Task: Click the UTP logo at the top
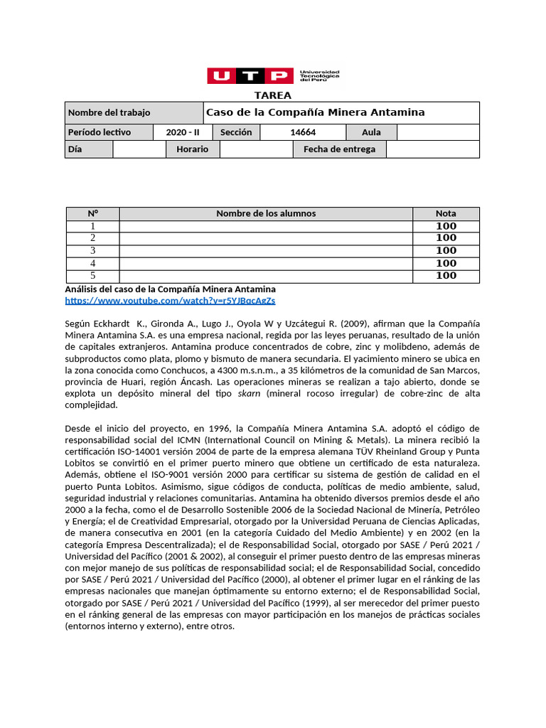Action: tap(272, 75)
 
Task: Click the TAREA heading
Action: tap(272, 96)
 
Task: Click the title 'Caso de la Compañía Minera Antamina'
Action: tap(315, 112)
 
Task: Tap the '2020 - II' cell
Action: tap(181, 132)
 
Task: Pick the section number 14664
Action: tap(303, 132)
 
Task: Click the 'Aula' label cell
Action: tap(371, 132)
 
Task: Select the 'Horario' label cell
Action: tap(192, 149)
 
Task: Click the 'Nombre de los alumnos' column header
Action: tap(266, 213)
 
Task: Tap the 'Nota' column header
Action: tap(446, 213)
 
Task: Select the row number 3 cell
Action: tap(92, 251)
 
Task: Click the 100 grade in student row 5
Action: tap(446, 276)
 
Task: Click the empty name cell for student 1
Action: tap(266, 226)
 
